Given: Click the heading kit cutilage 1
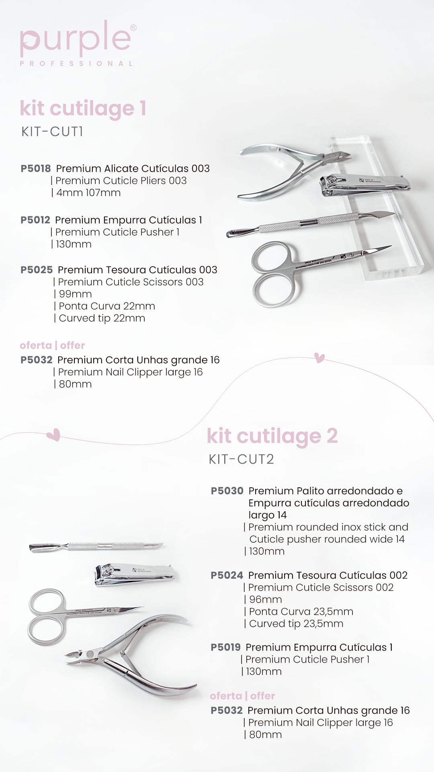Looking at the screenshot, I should (x=83, y=109).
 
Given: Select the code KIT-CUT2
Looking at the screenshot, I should (x=241, y=459).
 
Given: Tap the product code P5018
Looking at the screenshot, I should (x=36, y=168).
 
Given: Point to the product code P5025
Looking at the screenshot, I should (x=37, y=270).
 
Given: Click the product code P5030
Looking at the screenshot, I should (x=227, y=491).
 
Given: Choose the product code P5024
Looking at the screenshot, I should (x=227, y=575).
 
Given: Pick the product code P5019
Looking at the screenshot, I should (x=225, y=647).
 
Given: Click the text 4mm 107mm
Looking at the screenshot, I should (x=88, y=193).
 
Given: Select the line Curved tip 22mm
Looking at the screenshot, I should (x=102, y=318).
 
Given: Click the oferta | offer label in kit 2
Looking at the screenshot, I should (x=242, y=696).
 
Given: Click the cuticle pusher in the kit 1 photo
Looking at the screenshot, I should (x=309, y=222).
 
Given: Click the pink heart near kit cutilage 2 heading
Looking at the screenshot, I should (x=53, y=435).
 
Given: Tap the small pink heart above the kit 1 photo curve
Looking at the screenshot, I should (x=319, y=357).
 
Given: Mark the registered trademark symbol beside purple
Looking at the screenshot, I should (x=133, y=28).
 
